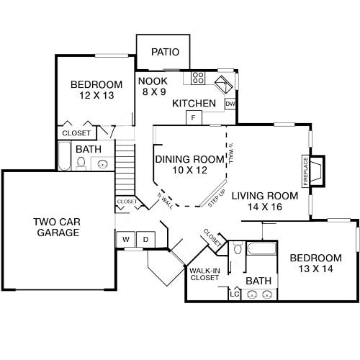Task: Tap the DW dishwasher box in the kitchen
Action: (x=230, y=104)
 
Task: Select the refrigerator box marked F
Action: (x=194, y=117)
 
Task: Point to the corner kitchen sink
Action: (x=225, y=84)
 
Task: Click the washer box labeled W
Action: (x=125, y=239)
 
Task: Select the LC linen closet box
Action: (x=235, y=293)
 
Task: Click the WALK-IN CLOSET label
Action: (x=204, y=274)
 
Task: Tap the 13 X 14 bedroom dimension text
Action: (x=315, y=269)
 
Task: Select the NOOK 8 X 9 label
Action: (x=153, y=86)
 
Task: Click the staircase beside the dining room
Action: (x=125, y=169)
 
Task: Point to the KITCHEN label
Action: (x=194, y=104)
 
